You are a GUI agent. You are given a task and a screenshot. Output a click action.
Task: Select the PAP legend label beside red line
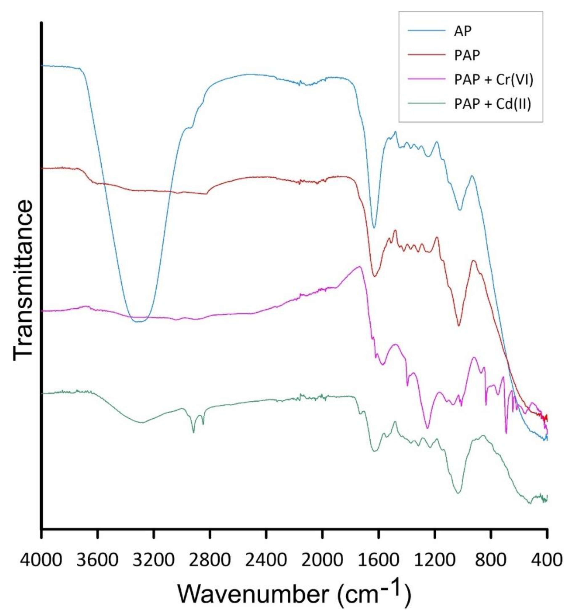point(467,55)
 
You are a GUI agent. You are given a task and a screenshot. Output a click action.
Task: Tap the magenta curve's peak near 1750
point(359,266)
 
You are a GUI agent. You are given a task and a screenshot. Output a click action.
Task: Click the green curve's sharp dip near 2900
point(194,432)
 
